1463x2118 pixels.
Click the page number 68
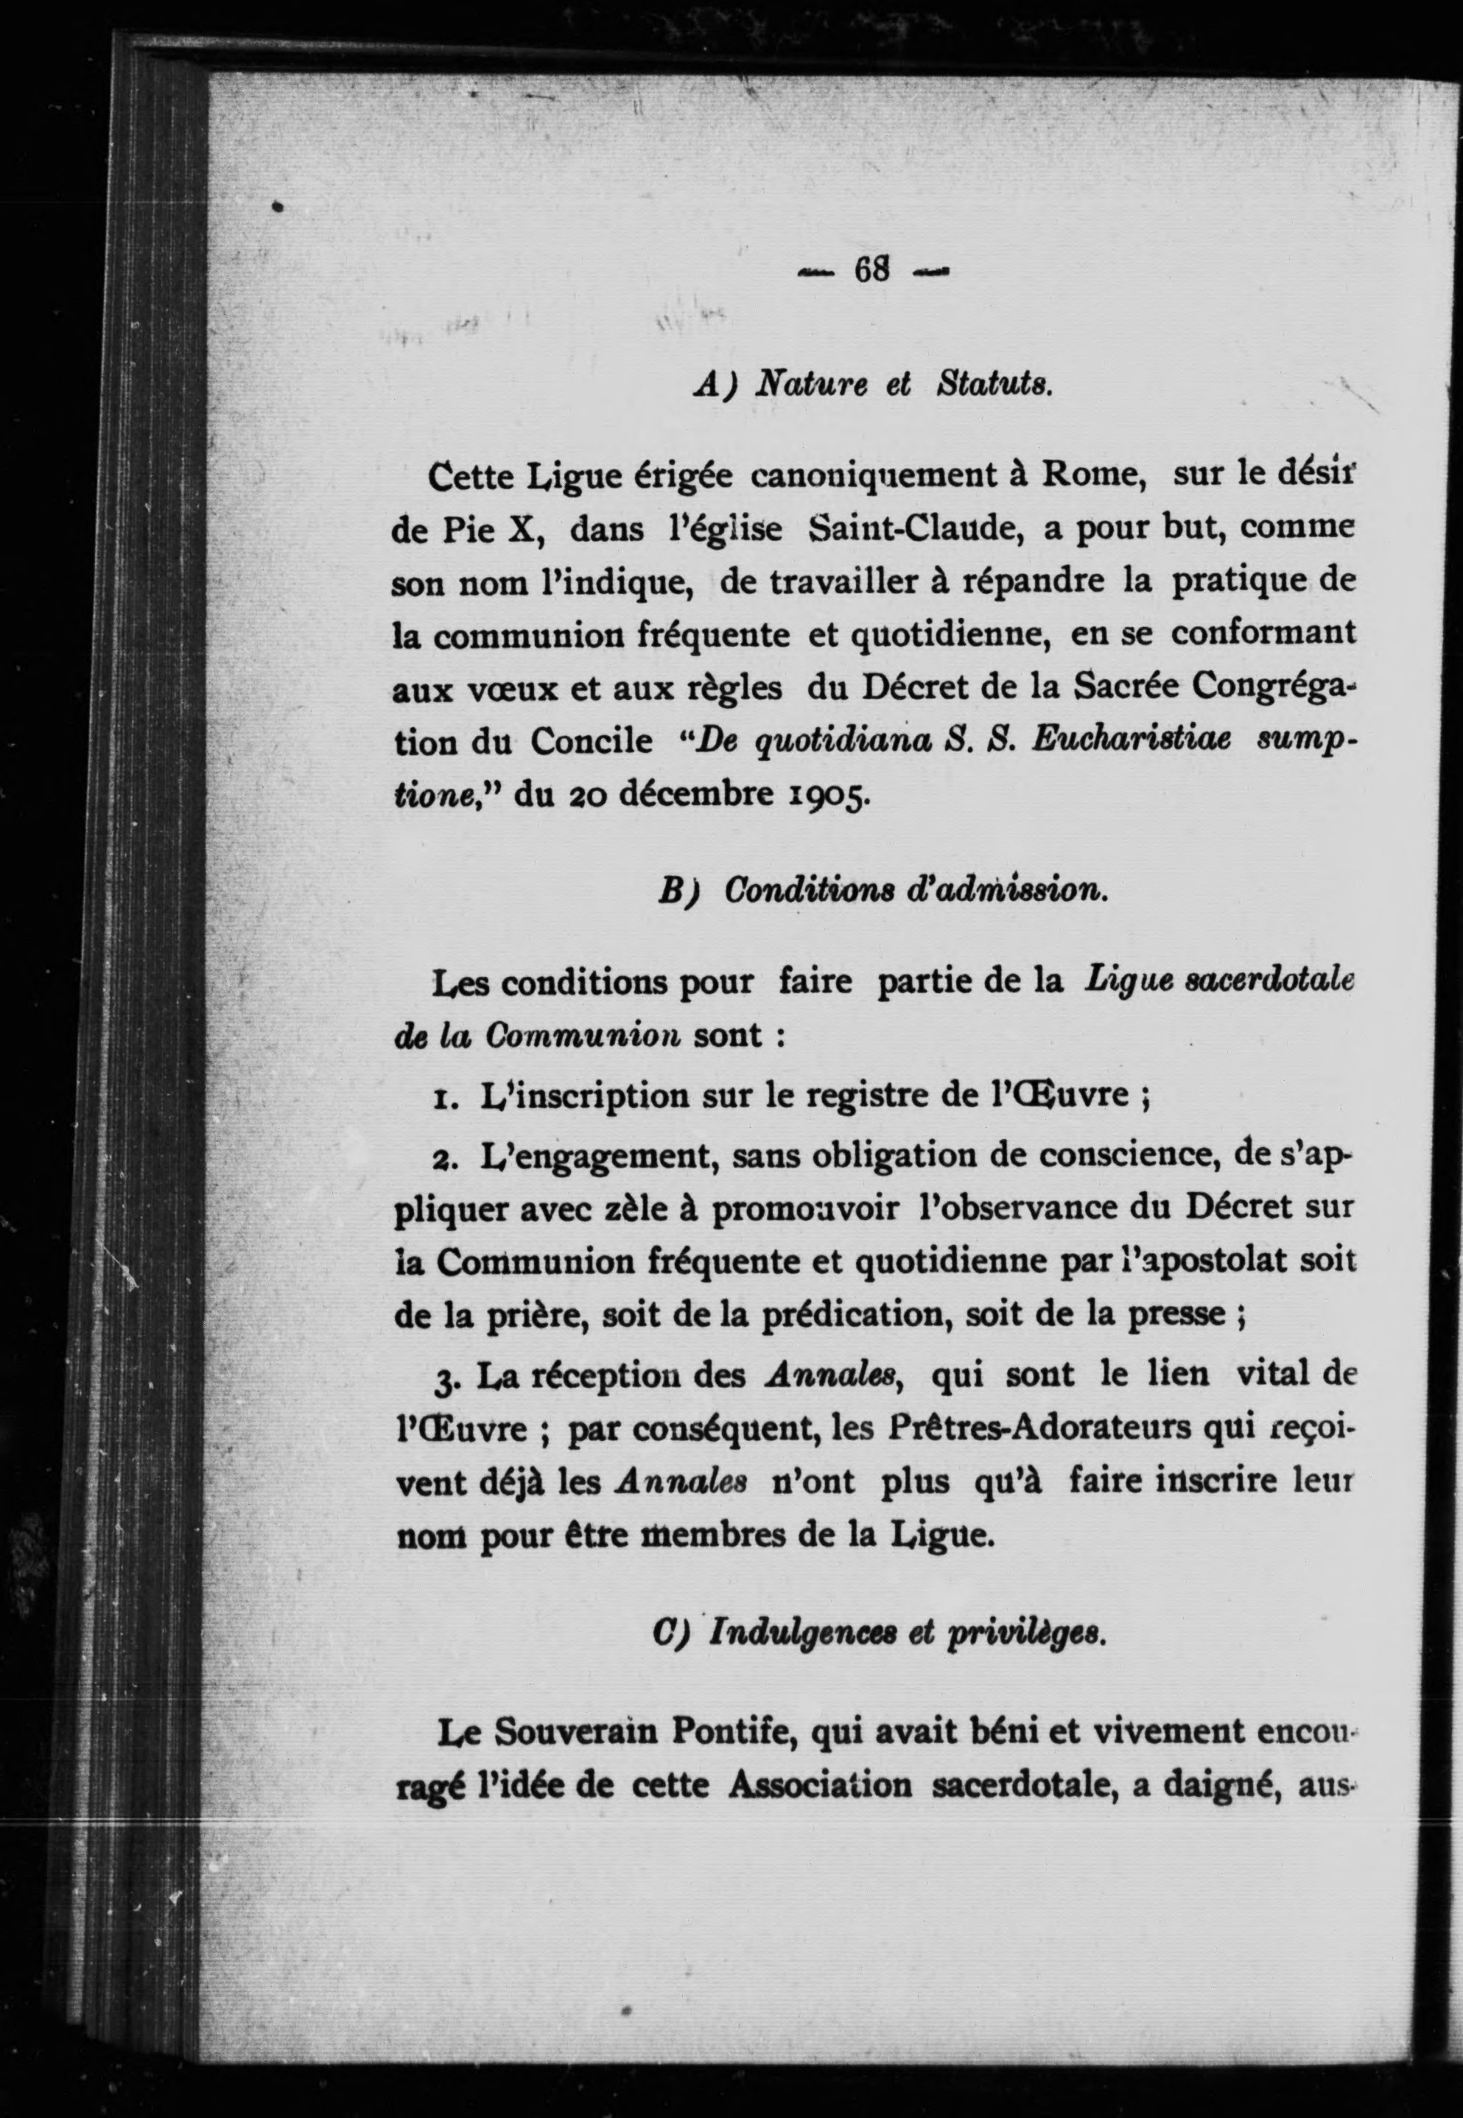click(871, 270)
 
